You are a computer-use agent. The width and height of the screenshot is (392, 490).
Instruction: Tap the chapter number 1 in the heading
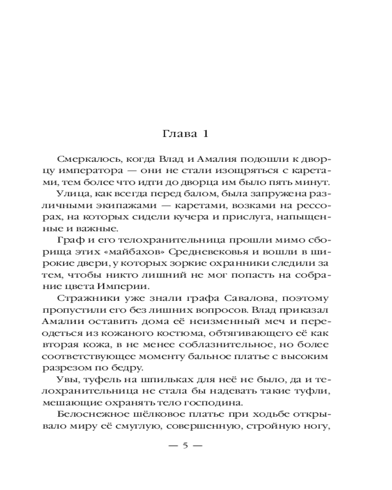click(x=206, y=134)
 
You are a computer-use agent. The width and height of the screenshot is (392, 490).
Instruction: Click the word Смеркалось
click(x=87, y=160)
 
